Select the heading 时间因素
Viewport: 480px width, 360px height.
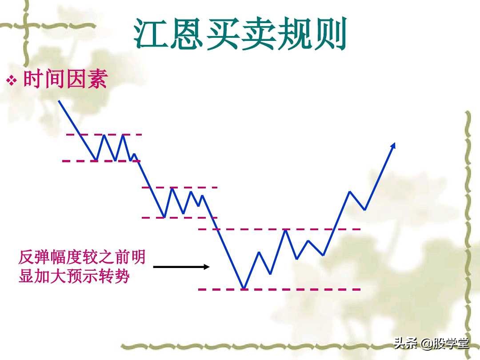(66, 80)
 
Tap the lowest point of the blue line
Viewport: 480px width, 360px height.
(244, 288)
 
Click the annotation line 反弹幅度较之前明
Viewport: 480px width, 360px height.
(82, 257)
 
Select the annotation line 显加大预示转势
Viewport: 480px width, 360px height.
(74, 276)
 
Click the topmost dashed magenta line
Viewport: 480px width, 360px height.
(104, 134)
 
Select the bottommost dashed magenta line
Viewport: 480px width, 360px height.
(279, 289)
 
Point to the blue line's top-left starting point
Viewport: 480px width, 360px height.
(59, 101)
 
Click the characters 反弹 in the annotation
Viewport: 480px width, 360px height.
(34, 257)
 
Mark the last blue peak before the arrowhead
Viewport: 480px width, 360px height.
(350, 192)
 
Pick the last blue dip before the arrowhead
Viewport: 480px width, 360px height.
(365, 209)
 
